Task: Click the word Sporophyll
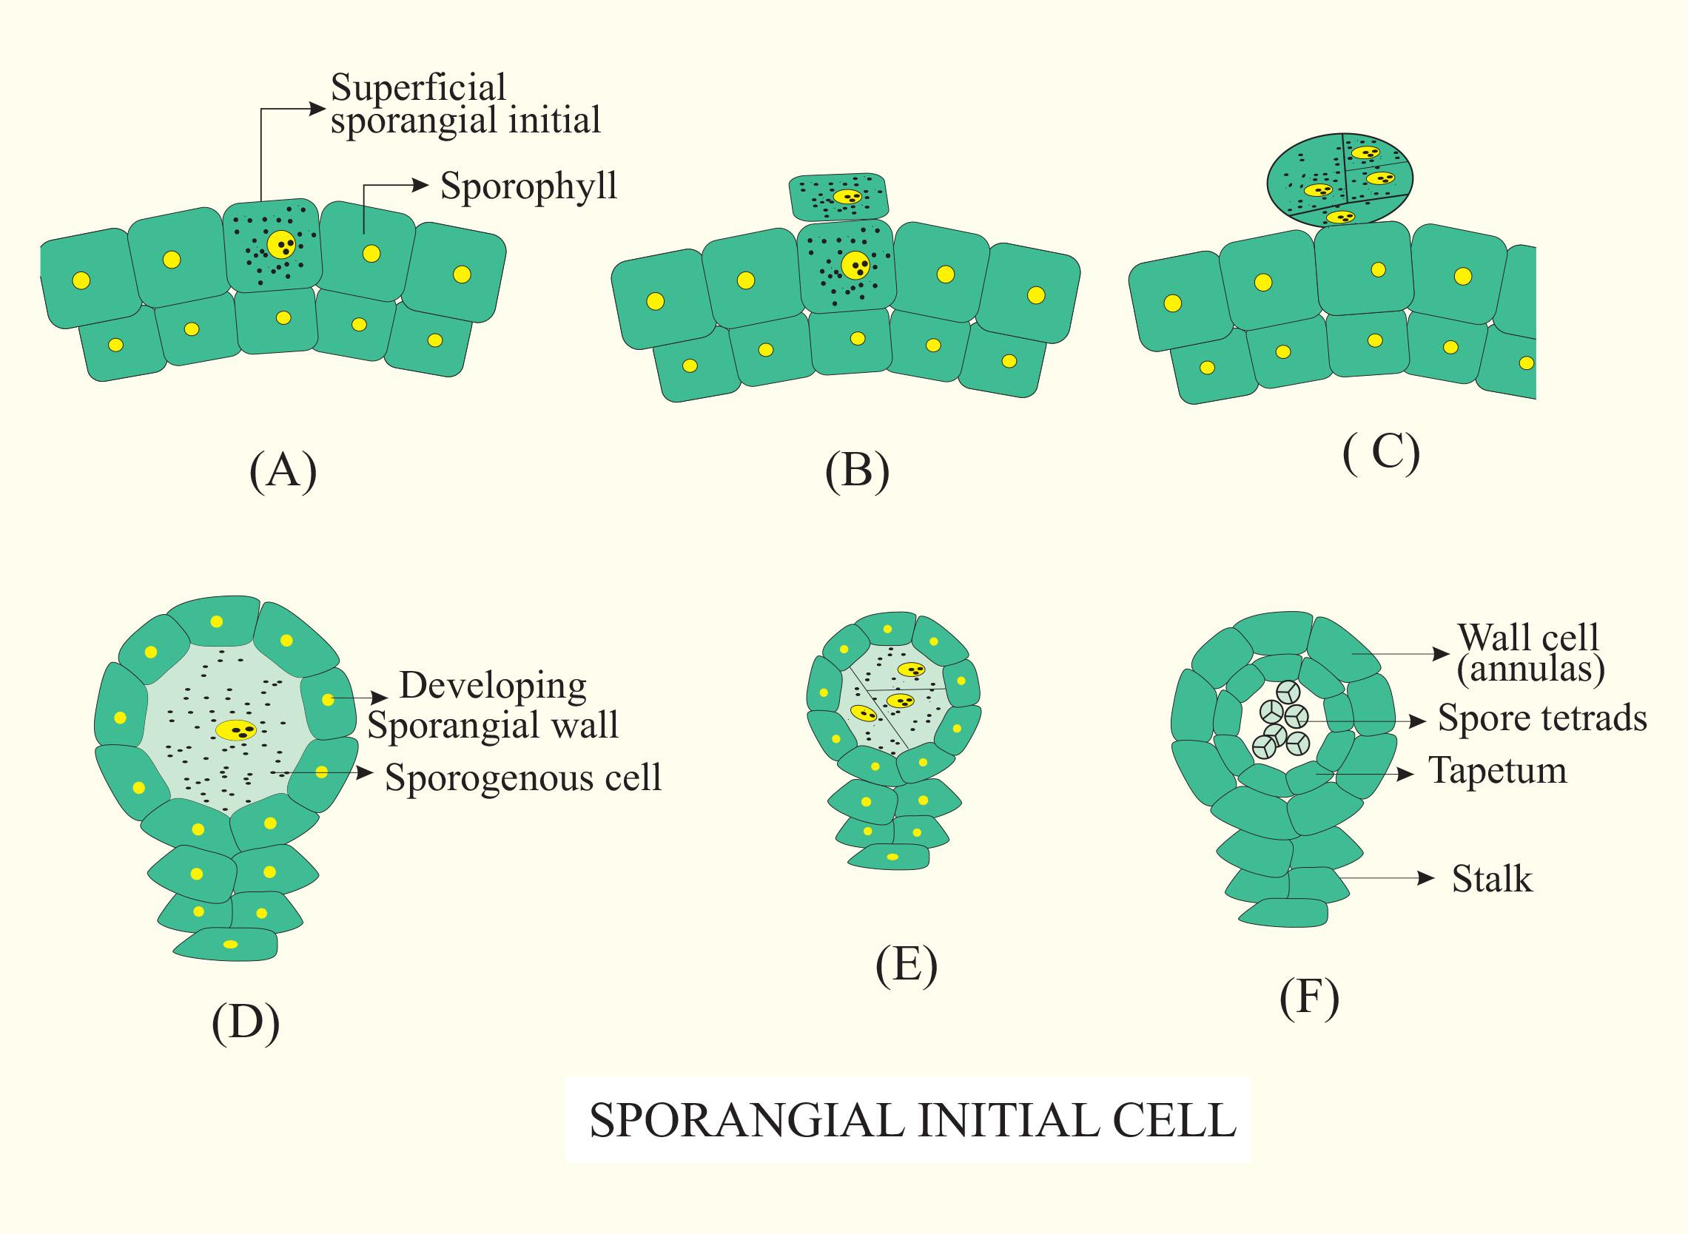tap(528, 186)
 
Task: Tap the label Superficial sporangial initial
tap(465, 104)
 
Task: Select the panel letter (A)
tap(283, 471)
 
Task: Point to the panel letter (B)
tap(857, 471)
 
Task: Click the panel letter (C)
tap(1381, 452)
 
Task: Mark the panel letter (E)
tap(907, 965)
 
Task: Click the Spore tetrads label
tap(1542, 718)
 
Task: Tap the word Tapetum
tap(1498, 771)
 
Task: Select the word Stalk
tap(1491, 879)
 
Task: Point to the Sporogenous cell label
tap(523, 778)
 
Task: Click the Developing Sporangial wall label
tap(493, 704)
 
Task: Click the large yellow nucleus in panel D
tap(236, 729)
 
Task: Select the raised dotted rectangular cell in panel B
tap(840, 198)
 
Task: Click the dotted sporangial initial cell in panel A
tap(272, 246)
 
